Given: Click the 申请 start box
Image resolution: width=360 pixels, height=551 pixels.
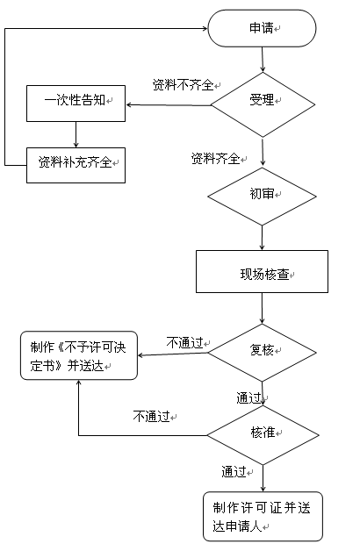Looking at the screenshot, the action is point(262,28).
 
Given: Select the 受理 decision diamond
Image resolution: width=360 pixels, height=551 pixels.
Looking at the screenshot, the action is point(263,104).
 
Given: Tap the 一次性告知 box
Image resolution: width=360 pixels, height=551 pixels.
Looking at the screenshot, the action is point(76,104).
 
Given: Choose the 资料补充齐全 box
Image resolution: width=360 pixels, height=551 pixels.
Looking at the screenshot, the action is point(76,165).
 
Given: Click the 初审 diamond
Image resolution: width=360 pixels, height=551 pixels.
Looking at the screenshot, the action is point(262,196).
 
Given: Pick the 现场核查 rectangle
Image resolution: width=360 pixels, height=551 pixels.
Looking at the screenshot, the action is point(262,271).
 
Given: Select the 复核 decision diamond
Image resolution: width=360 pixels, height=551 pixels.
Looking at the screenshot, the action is point(262,353).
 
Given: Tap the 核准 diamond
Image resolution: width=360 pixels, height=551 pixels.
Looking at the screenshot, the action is point(263,435).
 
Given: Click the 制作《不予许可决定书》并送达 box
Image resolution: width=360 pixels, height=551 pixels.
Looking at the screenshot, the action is point(79,355).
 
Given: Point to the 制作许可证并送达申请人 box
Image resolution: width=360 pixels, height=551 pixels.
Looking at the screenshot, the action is point(263,516).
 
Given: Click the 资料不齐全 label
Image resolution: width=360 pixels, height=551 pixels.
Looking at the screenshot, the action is point(184,85).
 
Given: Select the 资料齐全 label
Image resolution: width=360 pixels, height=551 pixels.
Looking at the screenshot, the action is point(215,159).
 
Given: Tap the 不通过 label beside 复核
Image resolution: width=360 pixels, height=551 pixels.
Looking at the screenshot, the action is point(185,342).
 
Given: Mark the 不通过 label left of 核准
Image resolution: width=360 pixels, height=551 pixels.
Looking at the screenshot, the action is point(152,417).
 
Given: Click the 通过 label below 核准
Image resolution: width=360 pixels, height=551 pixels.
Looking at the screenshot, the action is point(234,471).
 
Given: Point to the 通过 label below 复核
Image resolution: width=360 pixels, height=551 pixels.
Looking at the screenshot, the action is point(248,398).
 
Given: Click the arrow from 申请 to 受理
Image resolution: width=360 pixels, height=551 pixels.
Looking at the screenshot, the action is point(263,60).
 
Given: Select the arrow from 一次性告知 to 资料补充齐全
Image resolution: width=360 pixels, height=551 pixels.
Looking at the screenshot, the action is point(76,134).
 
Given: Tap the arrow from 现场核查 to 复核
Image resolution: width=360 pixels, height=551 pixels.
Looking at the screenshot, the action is point(262,308).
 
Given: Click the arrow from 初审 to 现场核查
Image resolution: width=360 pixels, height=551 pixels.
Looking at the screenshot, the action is point(262,238).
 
